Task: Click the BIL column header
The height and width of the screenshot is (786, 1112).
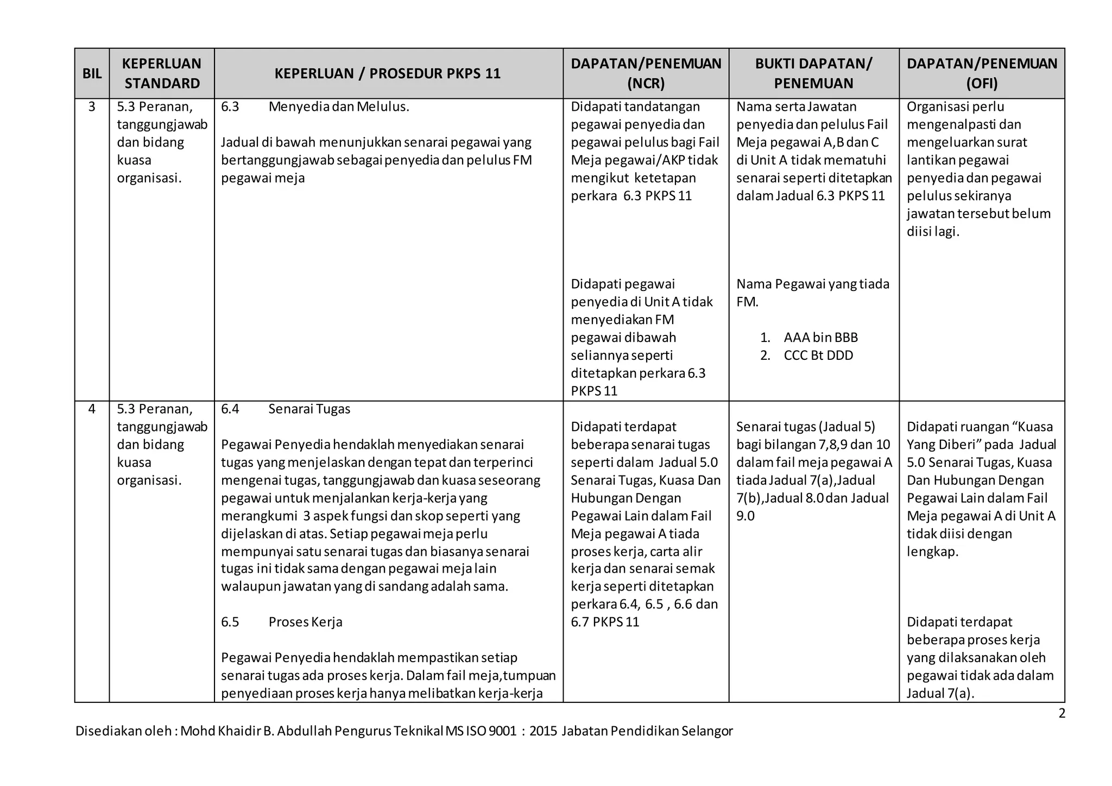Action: (x=92, y=74)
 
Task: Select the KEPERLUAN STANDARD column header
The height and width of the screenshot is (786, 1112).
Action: (x=162, y=73)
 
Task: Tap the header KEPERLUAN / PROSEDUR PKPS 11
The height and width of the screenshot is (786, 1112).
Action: (x=388, y=74)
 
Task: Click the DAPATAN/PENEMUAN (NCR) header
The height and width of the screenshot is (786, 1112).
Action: (x=646, y=73)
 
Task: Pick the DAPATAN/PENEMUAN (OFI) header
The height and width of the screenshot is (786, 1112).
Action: (x=982, y=73)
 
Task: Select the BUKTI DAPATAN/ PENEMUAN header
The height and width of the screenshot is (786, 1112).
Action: (x=813, y=73)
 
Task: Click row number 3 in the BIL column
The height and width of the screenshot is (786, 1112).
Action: (x=92, y=107)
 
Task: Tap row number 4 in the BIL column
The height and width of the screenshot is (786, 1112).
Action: (x=92, y=409)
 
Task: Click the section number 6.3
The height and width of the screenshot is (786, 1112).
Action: (x=230, y=107)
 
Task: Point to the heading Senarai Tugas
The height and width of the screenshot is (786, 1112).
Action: (x=309, y=409)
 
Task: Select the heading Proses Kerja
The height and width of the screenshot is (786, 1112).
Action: (x=305, y=622)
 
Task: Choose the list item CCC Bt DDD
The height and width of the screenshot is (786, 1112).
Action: (x=818, y=356)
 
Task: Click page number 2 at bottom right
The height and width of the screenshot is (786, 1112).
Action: (x=1062, y=714)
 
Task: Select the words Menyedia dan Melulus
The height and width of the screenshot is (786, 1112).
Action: (x=338, y=107)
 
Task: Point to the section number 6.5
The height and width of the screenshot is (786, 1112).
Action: (x=230, y=622)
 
